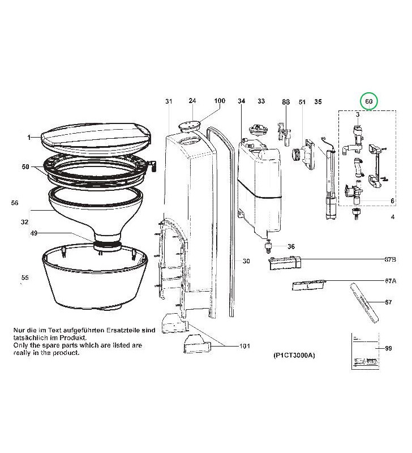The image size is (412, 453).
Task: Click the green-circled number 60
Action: pyautogui.click(x=369, y=101)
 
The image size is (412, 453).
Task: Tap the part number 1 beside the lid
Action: pyautogui.click(x=28, y=137)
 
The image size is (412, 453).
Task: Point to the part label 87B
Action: pyautogui.click(x=389, y=259)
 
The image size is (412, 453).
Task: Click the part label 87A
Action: pyautogui.click(x=389, y=281)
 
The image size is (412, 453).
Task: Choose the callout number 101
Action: pyautogui.click(x=244, y=346)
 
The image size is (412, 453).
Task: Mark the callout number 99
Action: pyautogui.click(x=388, y=348)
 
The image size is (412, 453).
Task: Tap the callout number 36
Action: pyautogui.click(x=291, y=246)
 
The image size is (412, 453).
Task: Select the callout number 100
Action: pyautogui.click(x=220, y=101)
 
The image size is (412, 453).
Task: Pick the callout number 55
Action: pyautogui.click(x=24, y=277)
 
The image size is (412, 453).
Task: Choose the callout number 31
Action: pyautogui.click(x=168, y=101)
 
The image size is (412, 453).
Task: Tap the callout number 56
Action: pyautogui.click(x=15, y=202)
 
